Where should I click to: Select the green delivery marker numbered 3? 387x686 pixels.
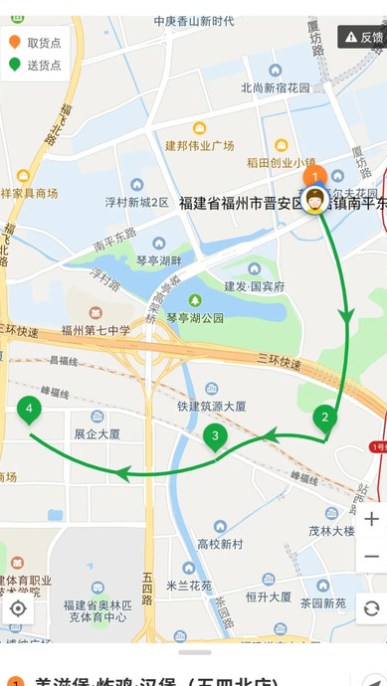[214, 435]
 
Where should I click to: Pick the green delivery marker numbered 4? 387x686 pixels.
[30, 408]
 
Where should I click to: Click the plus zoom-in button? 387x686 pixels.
[371, 519]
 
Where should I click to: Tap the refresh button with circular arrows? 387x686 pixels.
[371, 607]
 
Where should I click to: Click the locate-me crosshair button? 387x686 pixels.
[18, 607]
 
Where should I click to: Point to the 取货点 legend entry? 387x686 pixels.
[36, 43]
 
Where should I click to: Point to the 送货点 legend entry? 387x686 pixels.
[36, 66]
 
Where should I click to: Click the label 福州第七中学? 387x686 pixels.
[96, 331]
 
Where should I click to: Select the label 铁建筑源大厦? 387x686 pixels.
[212, 406]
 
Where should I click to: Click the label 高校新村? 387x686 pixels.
[220, 544]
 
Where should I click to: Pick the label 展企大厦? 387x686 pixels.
[97, 434]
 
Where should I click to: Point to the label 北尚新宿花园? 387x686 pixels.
[275, 87]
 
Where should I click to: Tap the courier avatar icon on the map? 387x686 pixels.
[316, 198]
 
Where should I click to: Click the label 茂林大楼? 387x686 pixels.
[331, 531]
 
